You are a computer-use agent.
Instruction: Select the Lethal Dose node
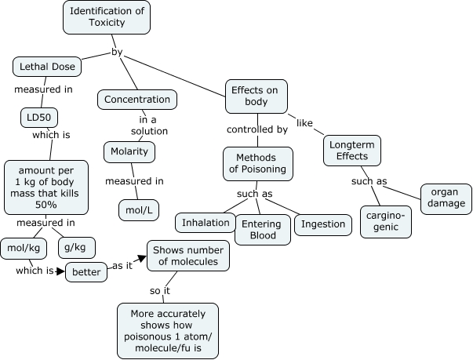point(48,67)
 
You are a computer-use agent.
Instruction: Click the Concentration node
point(137,100)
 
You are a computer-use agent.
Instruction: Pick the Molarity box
point(129,151)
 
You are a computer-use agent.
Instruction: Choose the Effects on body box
point(257,96)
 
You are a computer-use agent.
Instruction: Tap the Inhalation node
point(206,223)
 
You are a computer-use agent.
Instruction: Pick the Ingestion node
point(323,224)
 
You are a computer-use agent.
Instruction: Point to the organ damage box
point(446,198)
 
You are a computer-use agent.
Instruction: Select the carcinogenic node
point(386,221)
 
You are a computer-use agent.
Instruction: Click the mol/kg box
point(24,248)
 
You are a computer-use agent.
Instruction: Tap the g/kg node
point(77,248)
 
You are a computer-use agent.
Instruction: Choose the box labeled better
point(86,272)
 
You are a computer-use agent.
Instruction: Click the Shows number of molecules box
point(188,256)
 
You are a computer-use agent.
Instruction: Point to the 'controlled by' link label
point(257,129)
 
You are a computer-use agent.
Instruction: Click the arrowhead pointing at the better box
point(60,271)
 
